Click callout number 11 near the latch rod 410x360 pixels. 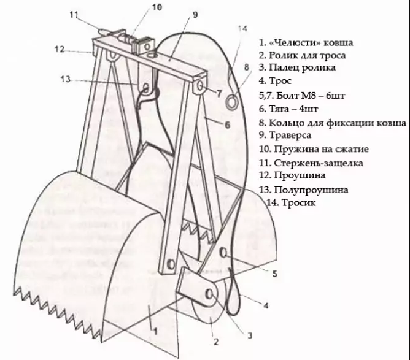(74, 15)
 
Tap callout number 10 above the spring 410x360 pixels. (157, 7)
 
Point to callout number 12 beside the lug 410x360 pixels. (60, 49)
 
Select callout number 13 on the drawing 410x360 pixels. (66, 79)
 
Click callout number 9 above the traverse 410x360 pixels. (195, 15)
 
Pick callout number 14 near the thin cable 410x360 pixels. (242, 28)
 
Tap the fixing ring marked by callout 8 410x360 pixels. (232, 101)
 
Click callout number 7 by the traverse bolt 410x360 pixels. (219, 93)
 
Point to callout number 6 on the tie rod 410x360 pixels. (228, 124)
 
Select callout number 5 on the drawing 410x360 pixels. (274, 274)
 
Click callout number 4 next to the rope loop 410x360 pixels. (266, 305)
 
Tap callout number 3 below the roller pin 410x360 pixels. (250, 335)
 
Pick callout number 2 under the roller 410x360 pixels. (215, 342)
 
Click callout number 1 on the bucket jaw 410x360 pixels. (155, 332)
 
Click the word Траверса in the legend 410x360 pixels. (290, 136)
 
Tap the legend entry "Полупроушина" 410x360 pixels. (311, 190)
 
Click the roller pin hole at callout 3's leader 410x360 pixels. (209, 294)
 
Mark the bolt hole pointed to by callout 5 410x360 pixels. (224, 252)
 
